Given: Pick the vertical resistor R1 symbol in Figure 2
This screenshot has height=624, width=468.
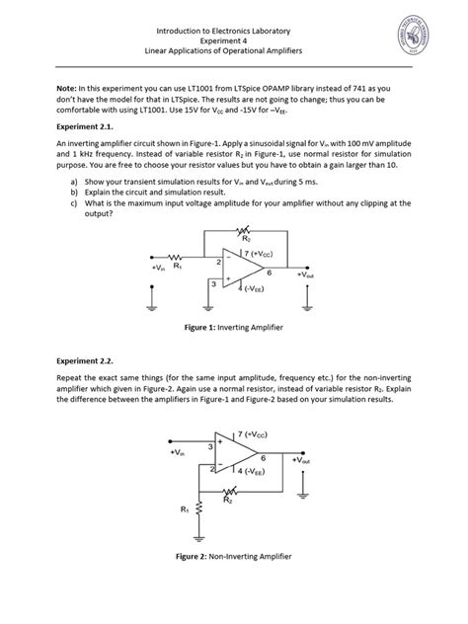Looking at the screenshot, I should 200,511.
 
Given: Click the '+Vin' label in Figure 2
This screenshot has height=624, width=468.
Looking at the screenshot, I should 177,452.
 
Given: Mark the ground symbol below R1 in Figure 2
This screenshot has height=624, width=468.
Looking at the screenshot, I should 200,540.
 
